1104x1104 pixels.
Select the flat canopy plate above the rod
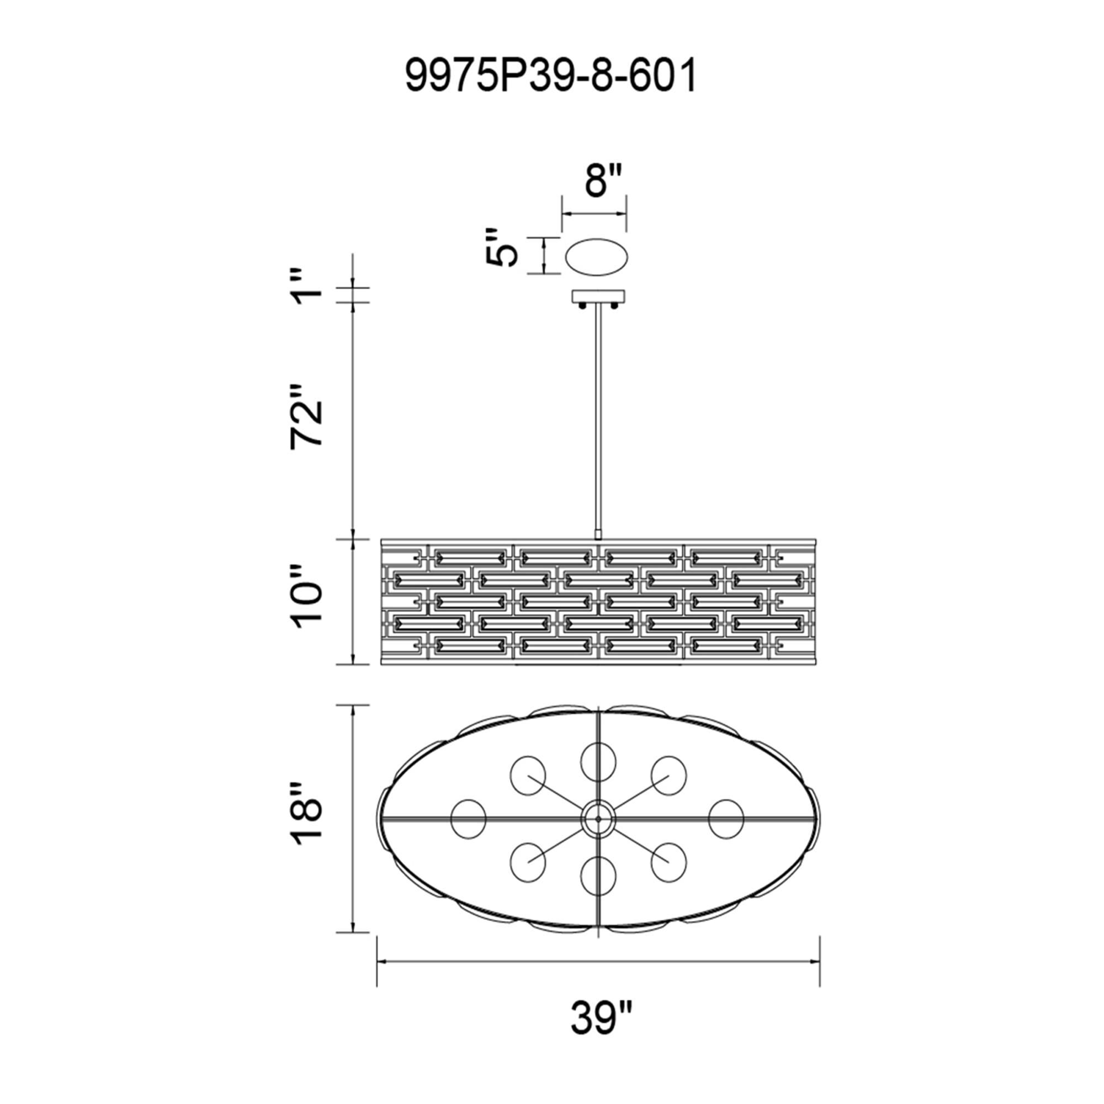click(598, 296)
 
